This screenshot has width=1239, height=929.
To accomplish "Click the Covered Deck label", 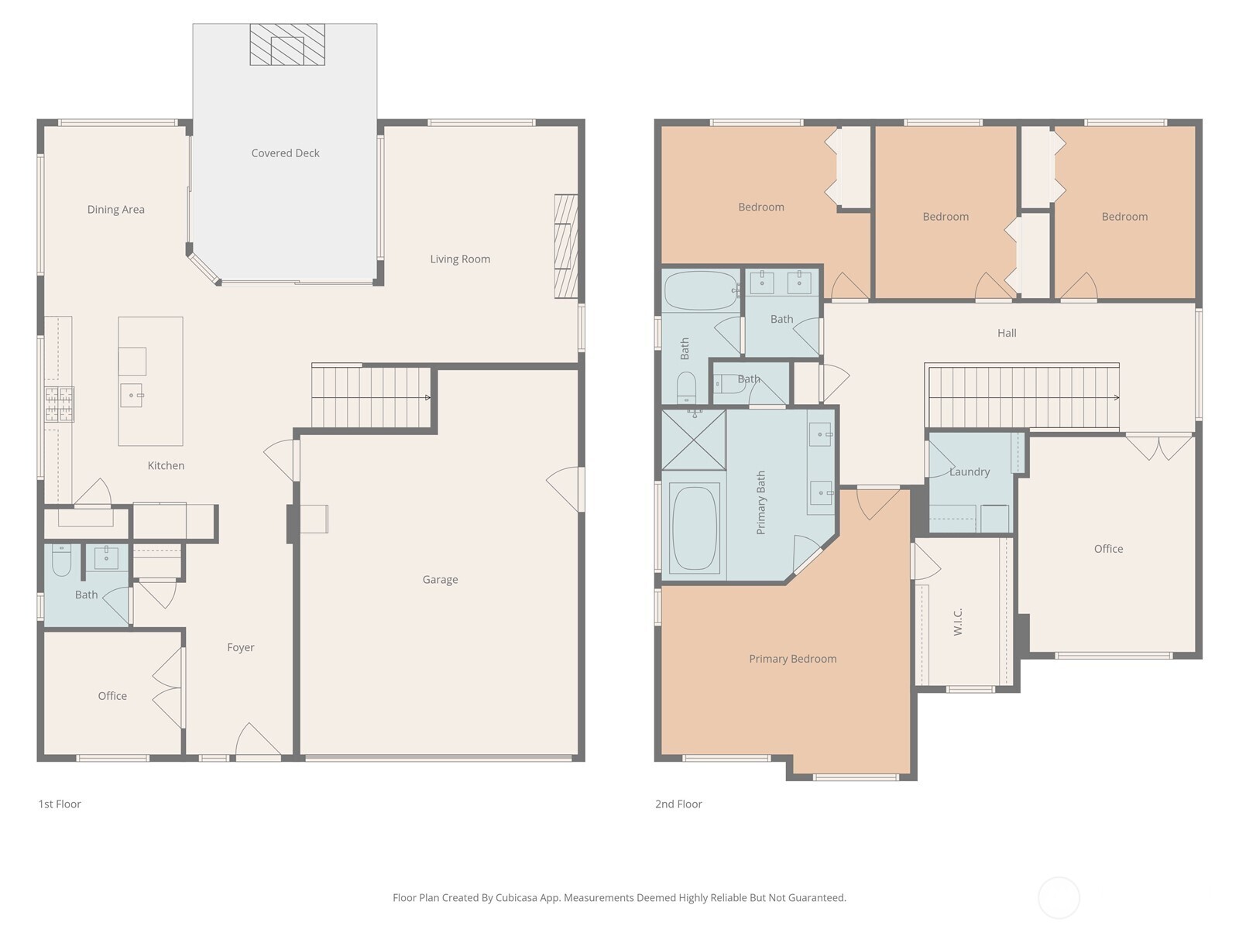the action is [285, 153].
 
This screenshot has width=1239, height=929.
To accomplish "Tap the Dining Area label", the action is [115, 209].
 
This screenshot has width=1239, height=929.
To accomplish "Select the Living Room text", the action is [460, 259].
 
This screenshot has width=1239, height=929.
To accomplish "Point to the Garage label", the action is [441, 579].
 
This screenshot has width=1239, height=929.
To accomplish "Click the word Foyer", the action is [241, 647].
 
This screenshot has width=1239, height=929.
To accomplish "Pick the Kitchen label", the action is [166, 465].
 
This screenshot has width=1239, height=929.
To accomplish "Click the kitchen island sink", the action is [132, 395].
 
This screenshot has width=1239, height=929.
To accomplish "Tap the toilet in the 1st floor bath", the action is [61, 559].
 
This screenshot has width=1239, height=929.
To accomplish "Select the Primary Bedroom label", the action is [792, 659].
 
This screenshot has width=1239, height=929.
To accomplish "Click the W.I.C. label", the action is [958, 622].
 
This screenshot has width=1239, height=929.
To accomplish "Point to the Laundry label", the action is [970, 471].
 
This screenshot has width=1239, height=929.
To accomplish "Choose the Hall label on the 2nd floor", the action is [1007, 333].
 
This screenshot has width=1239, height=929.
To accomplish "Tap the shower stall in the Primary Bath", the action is [694, 440].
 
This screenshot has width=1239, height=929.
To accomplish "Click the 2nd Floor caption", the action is [678, 804].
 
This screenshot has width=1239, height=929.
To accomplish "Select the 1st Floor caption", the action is [60, 804].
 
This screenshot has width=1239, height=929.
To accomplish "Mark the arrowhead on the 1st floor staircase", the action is [428, 398].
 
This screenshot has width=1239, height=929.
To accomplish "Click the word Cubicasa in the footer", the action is [517, 897].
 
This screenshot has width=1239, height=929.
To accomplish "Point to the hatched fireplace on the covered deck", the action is [287, 44].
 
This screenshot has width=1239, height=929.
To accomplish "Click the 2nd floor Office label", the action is [1108, 549].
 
